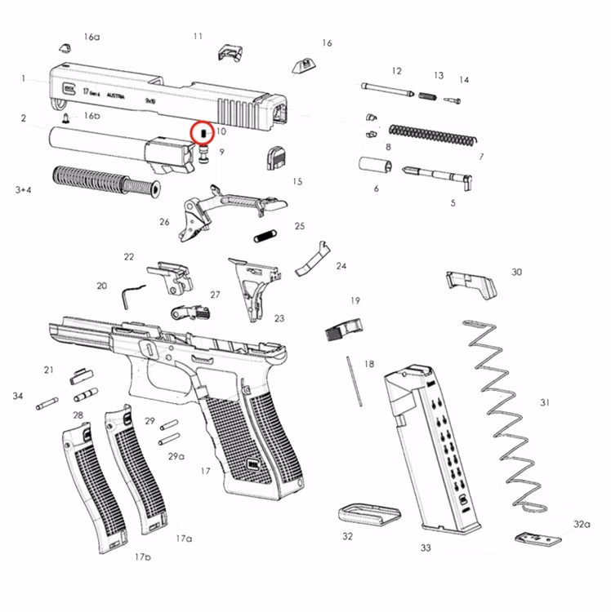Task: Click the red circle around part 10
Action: click(201, 131)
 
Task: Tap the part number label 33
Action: click(426, 548)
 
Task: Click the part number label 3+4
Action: click(25, 189)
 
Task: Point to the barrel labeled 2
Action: click(98, 138)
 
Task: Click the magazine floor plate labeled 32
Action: click(368, 513)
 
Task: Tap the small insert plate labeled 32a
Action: click(539, 539)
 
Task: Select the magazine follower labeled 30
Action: click(471, 283)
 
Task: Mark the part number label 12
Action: click(397, 71)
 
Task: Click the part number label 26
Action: click(165, 222)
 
